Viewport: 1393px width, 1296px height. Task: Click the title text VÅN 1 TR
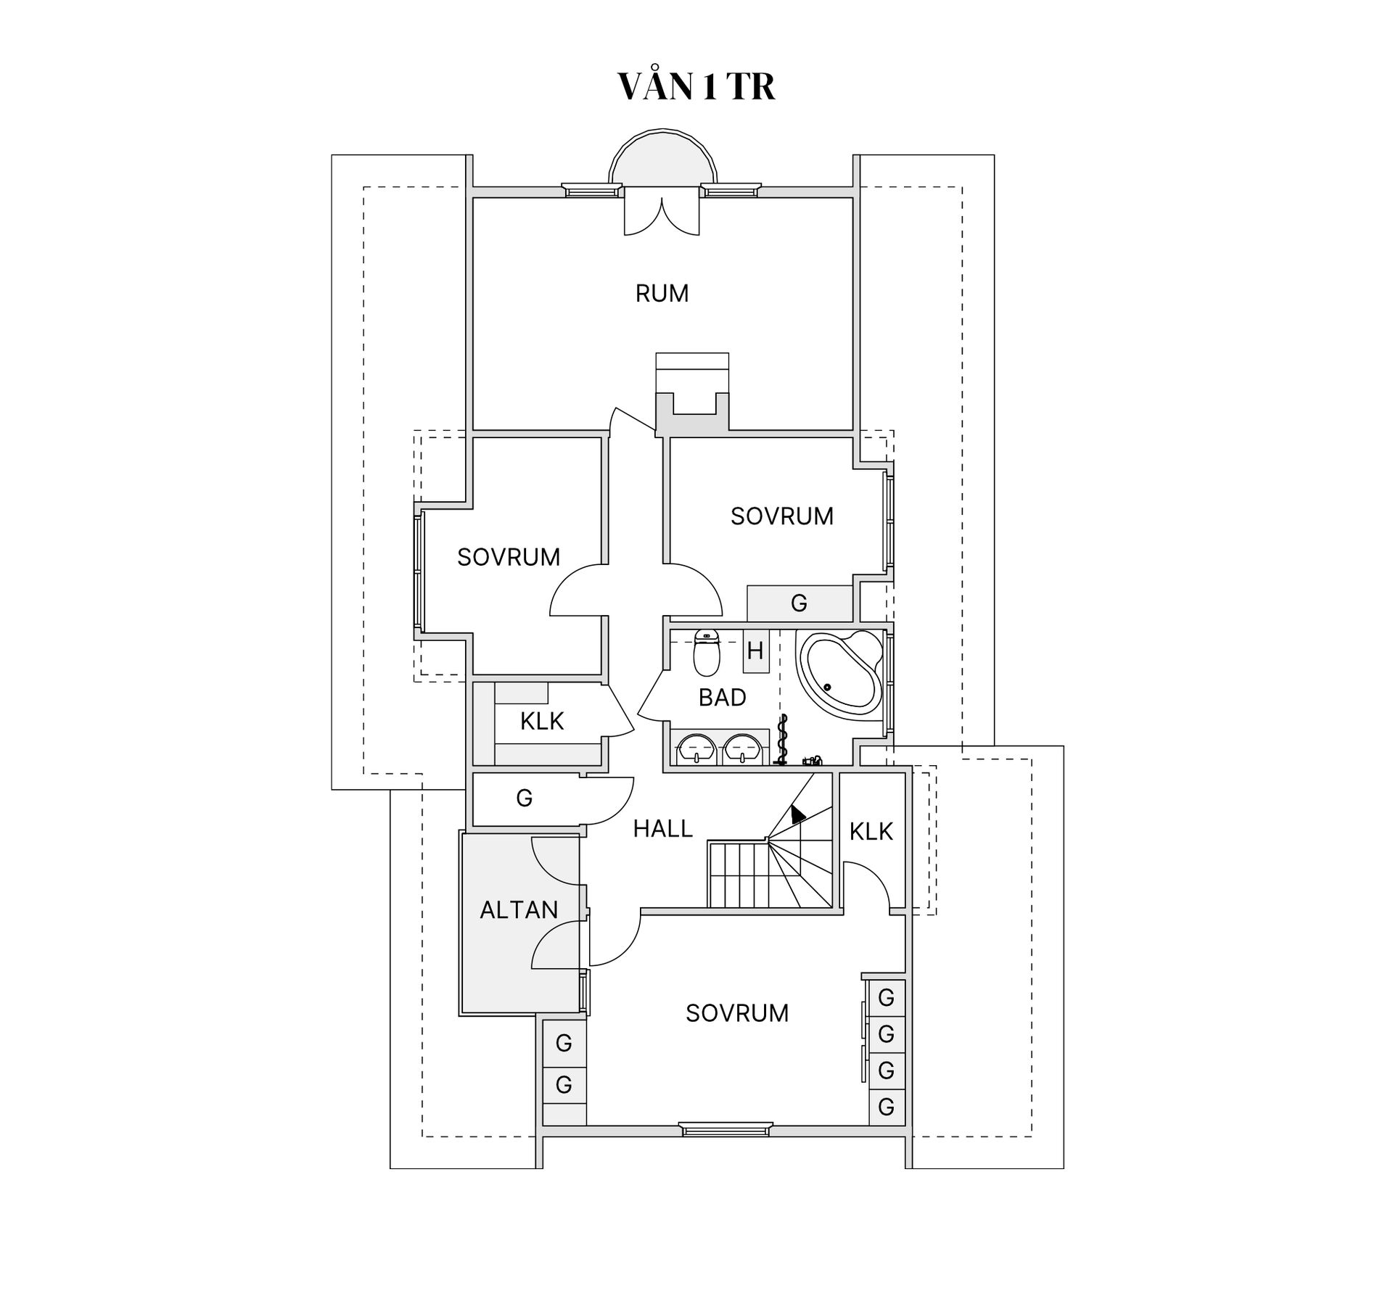click(696, 86)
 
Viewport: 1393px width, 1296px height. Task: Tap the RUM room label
click(662, 294)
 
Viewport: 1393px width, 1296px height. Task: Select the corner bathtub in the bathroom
click(839, 669)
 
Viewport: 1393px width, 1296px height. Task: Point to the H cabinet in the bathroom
click(755, 651)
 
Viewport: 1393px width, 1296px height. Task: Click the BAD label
click(722, 698)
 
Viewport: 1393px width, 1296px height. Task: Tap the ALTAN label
click(519, 910)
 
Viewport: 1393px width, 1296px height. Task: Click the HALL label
click(662, 829)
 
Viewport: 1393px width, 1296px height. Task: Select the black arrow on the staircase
click(797, 814)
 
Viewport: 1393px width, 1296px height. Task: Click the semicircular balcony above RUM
click(662, 158)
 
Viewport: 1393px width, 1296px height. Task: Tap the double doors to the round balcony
click(662, 212)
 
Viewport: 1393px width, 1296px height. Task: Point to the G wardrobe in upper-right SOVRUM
click(799, 603)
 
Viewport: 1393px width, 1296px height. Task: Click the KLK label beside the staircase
click(871, 832)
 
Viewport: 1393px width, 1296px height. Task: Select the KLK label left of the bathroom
click(542, 722)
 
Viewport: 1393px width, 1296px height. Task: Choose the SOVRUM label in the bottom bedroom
click(737, 1013)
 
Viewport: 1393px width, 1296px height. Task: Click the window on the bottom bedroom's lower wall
click(725, 1128)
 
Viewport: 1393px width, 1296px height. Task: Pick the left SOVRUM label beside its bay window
click(509, 557)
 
